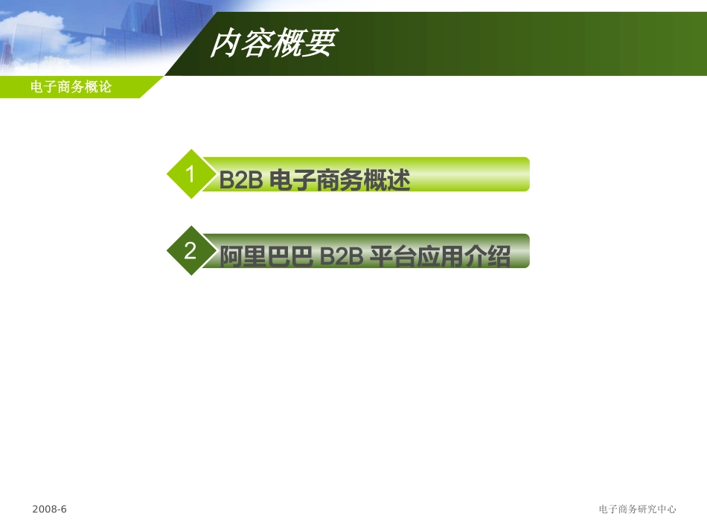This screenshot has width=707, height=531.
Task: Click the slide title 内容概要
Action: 272,44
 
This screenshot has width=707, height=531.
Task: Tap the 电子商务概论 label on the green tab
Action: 71,87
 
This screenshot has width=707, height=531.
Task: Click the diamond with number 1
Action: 191,174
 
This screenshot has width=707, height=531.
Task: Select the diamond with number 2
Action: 191,251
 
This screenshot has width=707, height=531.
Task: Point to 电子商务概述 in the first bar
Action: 339,180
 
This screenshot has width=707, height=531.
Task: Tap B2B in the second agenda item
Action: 341,257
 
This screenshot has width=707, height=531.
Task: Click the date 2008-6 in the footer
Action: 50,509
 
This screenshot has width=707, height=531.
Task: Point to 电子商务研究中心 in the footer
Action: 637,509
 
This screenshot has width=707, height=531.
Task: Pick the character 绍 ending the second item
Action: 499,257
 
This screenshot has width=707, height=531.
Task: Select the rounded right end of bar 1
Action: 524,174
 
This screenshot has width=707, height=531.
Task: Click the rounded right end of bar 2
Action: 524,251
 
